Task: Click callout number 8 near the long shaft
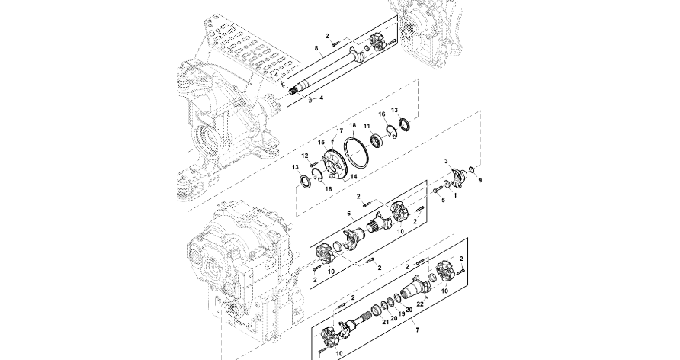pos(316,49)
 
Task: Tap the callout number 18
pos(353,125)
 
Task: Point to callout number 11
pos(367,127)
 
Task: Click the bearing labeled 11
pos(376,141)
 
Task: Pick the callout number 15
pos(321,142)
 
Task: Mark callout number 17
pos(340,131)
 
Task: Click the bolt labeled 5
pos(437,190)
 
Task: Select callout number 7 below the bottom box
pos(416,328)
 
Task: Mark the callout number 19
pos(402,313)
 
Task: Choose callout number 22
pos(419,303)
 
